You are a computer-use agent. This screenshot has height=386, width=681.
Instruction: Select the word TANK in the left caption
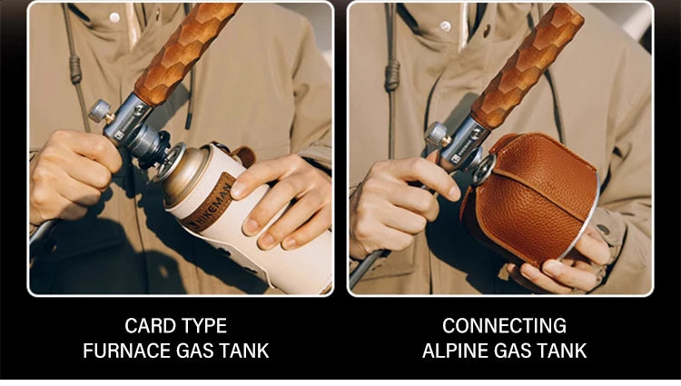point(247,351)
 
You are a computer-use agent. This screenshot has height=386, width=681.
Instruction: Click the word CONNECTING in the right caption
point(504,325)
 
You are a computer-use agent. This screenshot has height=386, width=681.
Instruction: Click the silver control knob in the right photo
point(437,134)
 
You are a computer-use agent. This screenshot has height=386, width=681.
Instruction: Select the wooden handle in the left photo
point(187,50)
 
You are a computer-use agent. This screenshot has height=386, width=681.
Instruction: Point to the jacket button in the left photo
point(114,17)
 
